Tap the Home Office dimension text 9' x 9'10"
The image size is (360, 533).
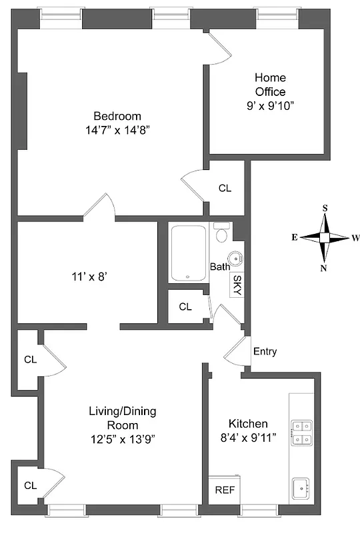[x=270, y=105]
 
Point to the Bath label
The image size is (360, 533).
[x=220, y=267]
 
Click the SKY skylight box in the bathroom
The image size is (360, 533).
[x=237, y=284]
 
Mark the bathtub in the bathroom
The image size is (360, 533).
[x=189, y=254]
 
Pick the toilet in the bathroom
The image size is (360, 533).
[x=222, y=234]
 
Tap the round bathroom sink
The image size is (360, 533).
[x=235, y=259]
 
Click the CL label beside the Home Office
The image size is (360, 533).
[x=225, y=189]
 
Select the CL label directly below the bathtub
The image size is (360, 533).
[x=185, y=307]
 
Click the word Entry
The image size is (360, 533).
[x=265, y=352]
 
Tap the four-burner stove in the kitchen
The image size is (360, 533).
[x=301, y=432]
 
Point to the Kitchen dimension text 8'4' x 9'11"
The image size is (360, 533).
[x=257, y=438]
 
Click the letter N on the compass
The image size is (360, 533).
[x=325, y=268]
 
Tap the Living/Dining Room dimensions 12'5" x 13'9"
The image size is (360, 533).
[x=122, y=438]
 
